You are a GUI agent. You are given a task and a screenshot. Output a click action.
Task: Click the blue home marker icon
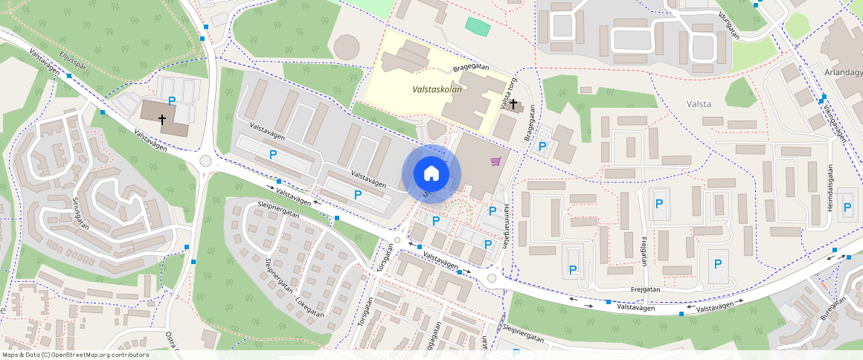(431, 174)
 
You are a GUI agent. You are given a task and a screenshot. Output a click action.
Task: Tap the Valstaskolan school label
(437, 89)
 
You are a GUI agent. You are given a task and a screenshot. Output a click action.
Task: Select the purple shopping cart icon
(495, 161)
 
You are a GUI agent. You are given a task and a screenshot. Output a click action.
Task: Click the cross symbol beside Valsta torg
(513, 105)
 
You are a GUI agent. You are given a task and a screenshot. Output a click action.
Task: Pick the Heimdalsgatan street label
(831, 187)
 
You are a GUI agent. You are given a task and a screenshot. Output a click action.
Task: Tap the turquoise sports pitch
(478, 26)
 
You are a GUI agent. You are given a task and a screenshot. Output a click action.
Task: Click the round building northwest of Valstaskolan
(346, 48)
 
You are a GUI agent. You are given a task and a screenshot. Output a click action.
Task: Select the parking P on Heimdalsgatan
(847, 208)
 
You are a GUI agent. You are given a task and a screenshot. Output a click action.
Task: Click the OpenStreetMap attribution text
(76, 355)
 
